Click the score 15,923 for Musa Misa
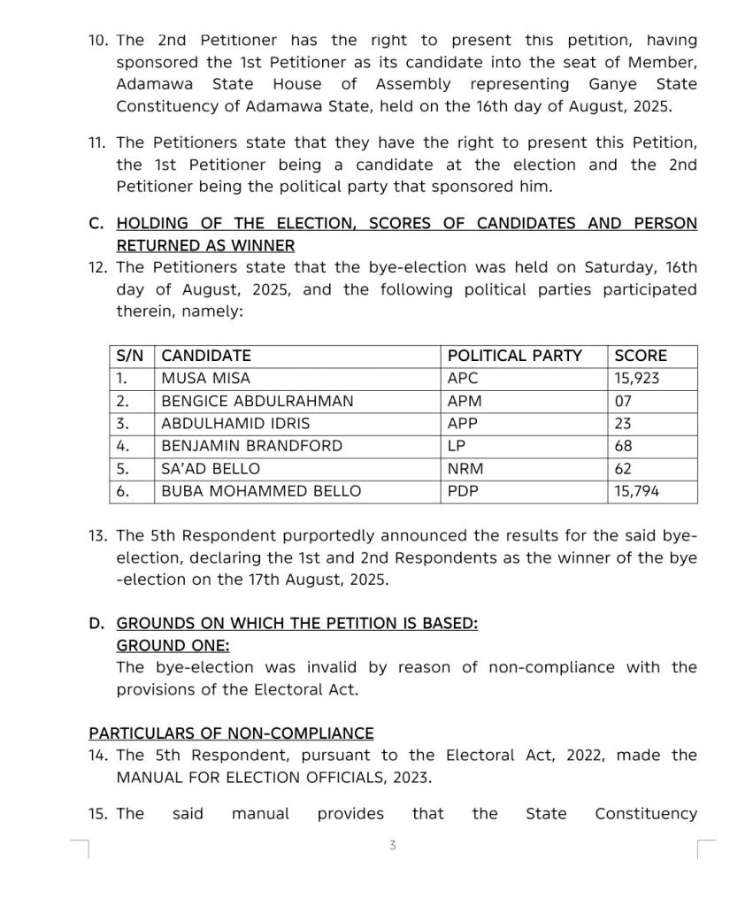637,379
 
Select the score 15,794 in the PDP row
637,491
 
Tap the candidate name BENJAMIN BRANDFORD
251,446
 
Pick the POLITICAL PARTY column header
515,356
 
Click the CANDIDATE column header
206,356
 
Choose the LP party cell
457,446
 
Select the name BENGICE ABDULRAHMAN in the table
257,401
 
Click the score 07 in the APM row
623,401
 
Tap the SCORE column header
641,356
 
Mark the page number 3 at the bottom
393,846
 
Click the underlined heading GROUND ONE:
173,645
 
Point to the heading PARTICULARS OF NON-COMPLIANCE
231,733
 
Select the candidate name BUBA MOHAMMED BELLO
261,491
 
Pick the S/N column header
130,356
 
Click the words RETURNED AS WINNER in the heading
205,246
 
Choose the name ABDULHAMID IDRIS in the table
235,424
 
